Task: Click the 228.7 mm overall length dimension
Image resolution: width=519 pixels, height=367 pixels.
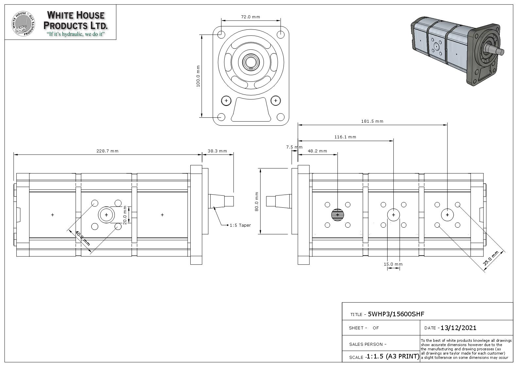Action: coord(107,151)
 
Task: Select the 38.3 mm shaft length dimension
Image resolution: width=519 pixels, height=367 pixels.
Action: coord(217,151)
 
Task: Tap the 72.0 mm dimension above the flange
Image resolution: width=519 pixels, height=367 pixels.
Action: coord(251,17)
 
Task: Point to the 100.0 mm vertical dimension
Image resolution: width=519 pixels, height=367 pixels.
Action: coord(198,76)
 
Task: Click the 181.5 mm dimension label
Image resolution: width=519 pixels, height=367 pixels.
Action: coord(372,121)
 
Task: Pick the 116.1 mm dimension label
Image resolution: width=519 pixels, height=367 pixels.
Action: coord(345,137)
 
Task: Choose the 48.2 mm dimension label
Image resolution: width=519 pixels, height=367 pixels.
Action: coord(317,151)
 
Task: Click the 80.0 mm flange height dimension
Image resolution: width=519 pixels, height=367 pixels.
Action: coord(257,201)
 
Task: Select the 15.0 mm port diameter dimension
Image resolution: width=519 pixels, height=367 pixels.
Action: coord(393,264)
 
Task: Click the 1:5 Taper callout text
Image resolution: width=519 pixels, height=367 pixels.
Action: coord(240,225)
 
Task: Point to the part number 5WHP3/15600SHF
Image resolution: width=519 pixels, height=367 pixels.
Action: coord(396,314)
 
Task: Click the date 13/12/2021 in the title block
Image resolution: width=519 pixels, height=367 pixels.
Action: coord(458,328)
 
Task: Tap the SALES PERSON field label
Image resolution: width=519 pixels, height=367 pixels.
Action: coord(368,344)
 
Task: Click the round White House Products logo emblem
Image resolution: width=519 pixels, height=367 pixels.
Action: coord(23,24)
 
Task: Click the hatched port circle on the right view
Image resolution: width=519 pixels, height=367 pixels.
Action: coord(337,215)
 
